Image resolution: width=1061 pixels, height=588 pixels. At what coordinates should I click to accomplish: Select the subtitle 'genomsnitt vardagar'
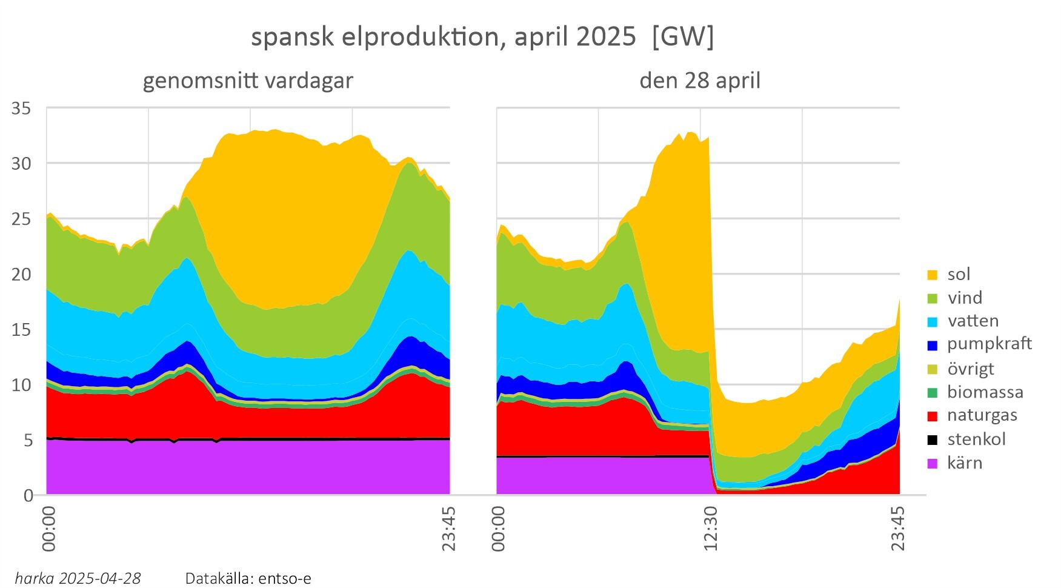click(248, 81)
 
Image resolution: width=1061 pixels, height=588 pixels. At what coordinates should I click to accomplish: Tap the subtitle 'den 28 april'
click(700, 81)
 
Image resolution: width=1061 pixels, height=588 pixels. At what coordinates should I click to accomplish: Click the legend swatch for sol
click(933, 275)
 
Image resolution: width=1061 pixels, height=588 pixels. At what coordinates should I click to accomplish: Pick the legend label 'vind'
click(965, 298)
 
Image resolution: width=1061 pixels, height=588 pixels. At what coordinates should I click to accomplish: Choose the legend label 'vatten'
click(973, 321)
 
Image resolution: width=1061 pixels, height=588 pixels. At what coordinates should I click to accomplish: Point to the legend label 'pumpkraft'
click(989, 344)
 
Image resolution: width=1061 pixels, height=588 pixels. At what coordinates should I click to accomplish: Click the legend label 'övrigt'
click(970, 369)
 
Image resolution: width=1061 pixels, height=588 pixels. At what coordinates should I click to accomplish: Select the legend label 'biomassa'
click(985, 392)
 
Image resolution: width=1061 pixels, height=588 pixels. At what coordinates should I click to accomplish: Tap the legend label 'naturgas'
click(982, 415)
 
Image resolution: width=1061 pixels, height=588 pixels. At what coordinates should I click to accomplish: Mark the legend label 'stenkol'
click(976, 439)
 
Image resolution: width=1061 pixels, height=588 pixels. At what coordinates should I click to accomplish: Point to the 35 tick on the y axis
click(22, 109)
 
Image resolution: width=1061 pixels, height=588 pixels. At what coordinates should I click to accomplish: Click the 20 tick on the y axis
click(22, 275)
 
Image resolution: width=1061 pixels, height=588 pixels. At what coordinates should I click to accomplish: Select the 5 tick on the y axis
click(28, 440)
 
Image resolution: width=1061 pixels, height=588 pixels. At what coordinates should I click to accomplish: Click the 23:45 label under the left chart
click(449, 528)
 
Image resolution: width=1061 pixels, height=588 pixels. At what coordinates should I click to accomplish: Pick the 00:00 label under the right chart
click(498, 528)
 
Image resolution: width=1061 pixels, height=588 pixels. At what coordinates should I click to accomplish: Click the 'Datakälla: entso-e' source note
click(248, 578)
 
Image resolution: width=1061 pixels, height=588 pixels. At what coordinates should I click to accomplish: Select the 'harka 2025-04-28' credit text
click(78, 578)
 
